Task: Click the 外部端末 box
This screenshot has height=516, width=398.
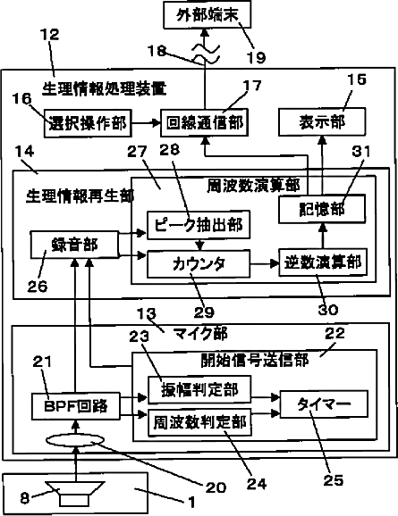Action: click(207, 15)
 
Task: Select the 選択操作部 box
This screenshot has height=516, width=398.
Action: click(88, 123)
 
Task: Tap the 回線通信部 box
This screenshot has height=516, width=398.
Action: click(205, 122)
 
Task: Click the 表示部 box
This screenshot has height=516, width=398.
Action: click(322, 121)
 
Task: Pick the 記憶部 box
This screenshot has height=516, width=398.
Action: click(322, 209)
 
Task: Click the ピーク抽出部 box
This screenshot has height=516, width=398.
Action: click(199, 225)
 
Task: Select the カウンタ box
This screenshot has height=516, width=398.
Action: click(199, 263)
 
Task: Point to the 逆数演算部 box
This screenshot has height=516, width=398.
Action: click(323, 262)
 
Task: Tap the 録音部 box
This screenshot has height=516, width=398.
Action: click(75, 245)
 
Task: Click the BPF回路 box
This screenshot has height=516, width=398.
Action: click(76, 406)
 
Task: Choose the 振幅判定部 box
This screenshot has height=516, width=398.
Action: click(199, 390)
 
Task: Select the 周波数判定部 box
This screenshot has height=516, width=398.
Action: click(199, 423)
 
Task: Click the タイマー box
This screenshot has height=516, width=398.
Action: click(324, 404)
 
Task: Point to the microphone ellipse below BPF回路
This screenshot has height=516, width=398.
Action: click(76, 440)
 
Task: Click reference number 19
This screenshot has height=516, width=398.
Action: click(257, 57)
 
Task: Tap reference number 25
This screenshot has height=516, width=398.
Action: click(333, 480)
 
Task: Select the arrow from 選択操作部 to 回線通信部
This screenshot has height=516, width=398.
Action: click(146, 123)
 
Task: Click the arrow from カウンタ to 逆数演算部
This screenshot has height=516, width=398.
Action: click(265, 263)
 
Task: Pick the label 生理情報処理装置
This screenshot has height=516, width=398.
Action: click(105, 89)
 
